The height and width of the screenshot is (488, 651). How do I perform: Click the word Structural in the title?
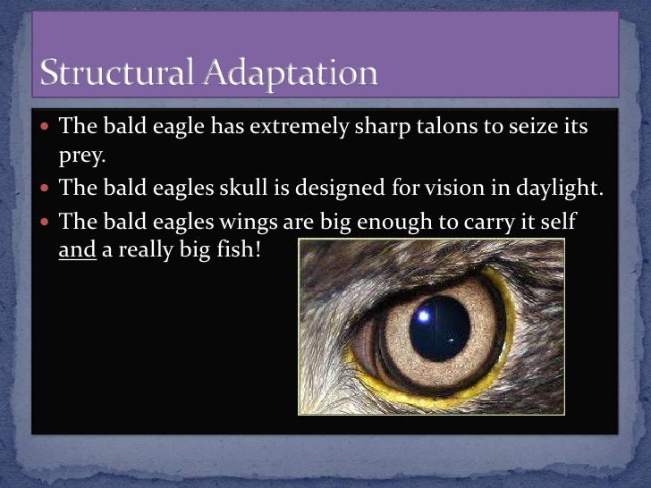click(114, 72)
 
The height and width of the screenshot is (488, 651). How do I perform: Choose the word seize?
click(537, 126)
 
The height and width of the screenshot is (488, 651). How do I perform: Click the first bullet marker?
click(46, 127)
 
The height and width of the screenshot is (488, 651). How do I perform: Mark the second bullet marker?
click(46, 188)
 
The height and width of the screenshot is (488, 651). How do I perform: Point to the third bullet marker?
click(46, 220)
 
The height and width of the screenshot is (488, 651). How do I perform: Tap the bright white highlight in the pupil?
click(423, 313)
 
